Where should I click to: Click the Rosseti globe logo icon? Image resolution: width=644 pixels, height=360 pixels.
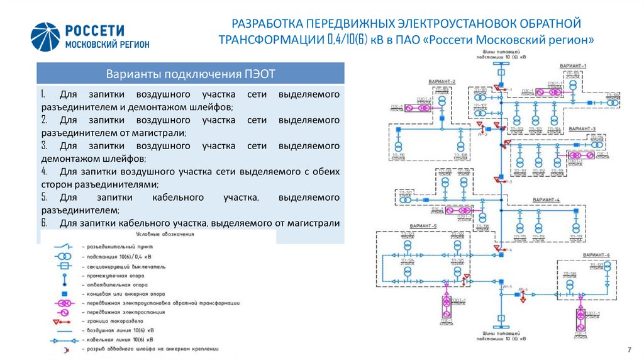pyautogui.click(x=45, y=38)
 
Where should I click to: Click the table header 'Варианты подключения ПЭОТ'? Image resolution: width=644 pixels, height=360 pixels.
pyautogui.click(x=191, y=72)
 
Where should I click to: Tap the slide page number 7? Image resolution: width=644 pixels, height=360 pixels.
pyautogui.click(x=630, y=349)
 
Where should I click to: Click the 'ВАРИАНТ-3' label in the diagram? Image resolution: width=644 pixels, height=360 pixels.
pyautogui.click(x=582, y=128)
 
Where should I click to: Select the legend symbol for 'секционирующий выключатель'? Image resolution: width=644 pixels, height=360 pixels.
pyautogui.click(x=64, y=266)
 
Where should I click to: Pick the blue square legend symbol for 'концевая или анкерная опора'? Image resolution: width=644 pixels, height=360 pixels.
pyautogui.click(x=64, y=294)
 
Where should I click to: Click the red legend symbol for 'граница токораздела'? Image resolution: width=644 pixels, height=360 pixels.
pyautogui.click(x=64, y=322)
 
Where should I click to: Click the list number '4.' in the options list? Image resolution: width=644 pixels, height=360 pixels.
pyautogui.click(x=43, y=171)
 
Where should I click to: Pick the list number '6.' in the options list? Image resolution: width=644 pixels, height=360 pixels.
pyautogui.click(x=43, y=223)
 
